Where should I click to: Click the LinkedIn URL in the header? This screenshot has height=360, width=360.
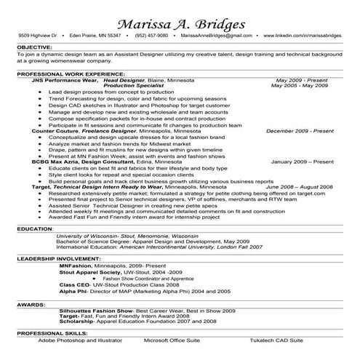point(305,36)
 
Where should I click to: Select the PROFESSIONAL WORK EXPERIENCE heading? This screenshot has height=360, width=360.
point(65,74)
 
